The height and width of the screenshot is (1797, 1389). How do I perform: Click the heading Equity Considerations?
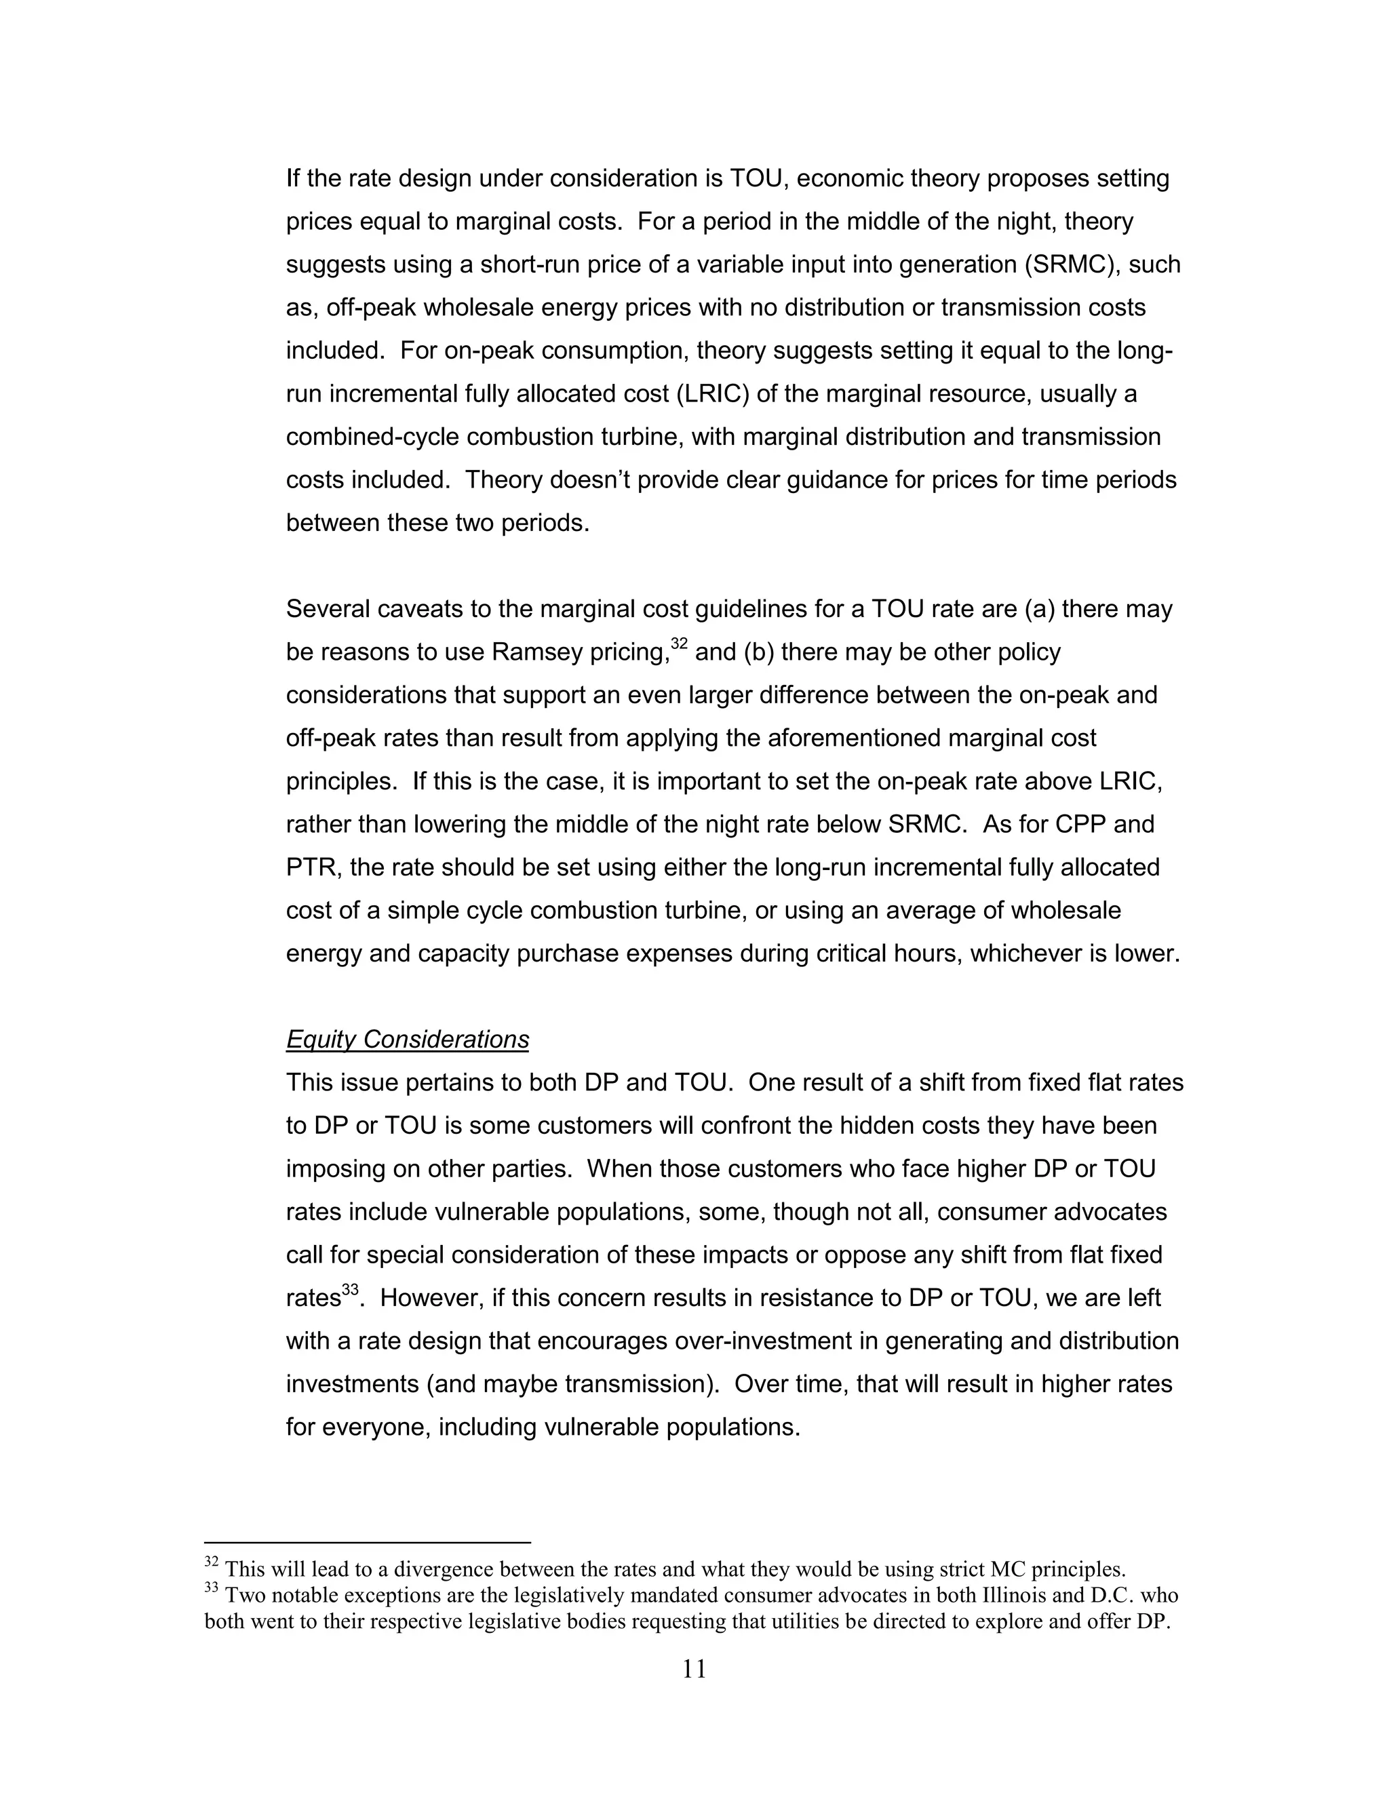[x=408, y=1040]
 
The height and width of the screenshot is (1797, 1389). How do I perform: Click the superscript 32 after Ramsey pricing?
[x=679, y=644]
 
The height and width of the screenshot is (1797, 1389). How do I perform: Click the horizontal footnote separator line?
[x=367, y=1543]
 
